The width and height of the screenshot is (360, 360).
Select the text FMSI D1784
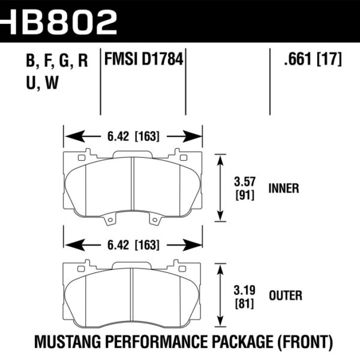click(x=143, y=61)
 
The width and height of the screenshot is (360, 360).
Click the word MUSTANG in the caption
click(x=68, y=343)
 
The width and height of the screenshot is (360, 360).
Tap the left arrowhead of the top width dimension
click(x=68, y=136)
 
